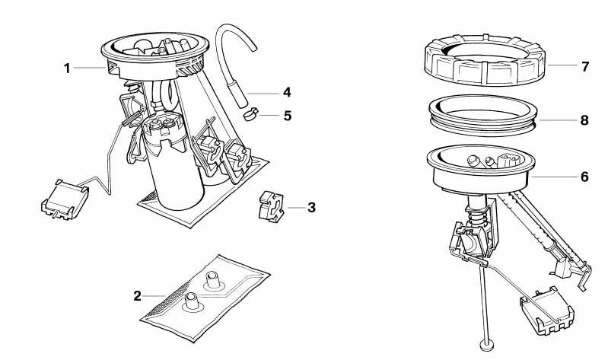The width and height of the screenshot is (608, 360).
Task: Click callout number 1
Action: pos(67,68)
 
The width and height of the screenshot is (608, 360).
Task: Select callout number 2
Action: pos(137,296)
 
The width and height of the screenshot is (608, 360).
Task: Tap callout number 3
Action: pos(311,208)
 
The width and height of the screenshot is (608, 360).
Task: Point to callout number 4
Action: pos(287,92)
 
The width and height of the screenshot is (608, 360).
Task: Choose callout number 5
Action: pos(288,116)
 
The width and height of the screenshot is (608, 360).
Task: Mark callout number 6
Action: pos(584,177)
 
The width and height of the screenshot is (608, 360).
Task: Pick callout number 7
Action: pos(585,66)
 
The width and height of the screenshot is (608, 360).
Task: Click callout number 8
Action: pos(584,120)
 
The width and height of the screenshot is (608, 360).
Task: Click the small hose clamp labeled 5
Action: pos(251,114)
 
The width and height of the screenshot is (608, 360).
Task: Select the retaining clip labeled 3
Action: pos(271,207)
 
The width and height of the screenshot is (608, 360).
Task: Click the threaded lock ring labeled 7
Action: pos(485,60)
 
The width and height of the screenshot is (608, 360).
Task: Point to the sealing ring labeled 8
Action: pos(483,115)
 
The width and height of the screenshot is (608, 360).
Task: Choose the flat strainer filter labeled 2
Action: pos(205,298)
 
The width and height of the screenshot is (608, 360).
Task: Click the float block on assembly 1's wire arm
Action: pos(65,199)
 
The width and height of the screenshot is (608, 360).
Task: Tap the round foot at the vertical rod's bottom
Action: pos(486,345)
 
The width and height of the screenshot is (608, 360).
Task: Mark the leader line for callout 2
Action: pos(154,296)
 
